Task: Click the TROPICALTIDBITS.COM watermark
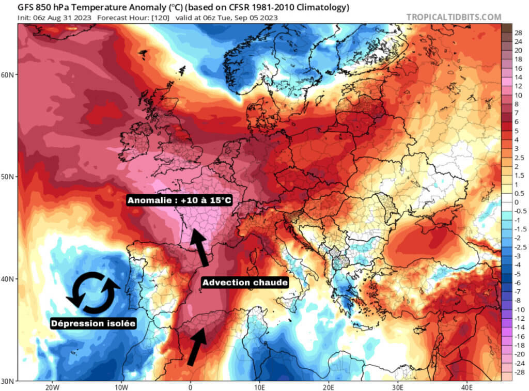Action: tap(453, 17)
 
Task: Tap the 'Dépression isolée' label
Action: tap(93, 323)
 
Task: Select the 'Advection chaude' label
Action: tap(245, 283)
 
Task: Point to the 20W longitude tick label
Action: tap(51, 387)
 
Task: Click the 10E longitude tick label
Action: tap(260, 387)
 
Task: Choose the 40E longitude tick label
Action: tap(468, 387)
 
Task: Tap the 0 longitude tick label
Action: tap(191, 387)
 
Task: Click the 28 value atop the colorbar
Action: tap(519, 32)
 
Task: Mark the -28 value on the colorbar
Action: tap(518, 372)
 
